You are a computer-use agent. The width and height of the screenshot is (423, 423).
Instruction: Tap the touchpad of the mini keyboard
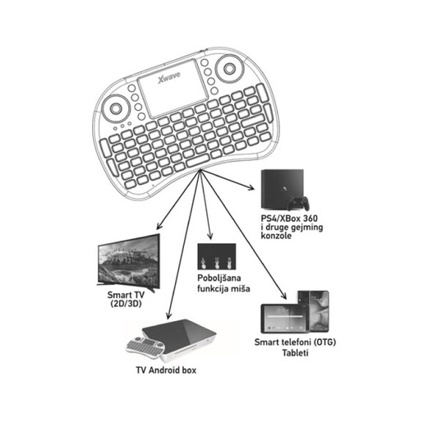(169, 85)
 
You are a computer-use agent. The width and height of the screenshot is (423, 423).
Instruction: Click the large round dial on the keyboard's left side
(118, 107)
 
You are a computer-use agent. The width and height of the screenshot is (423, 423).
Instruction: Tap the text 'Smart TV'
(126, 293)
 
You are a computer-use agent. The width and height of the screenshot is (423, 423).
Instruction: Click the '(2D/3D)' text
(126, 304)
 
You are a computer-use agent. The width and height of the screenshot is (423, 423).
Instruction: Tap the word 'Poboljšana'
(218, 279)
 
